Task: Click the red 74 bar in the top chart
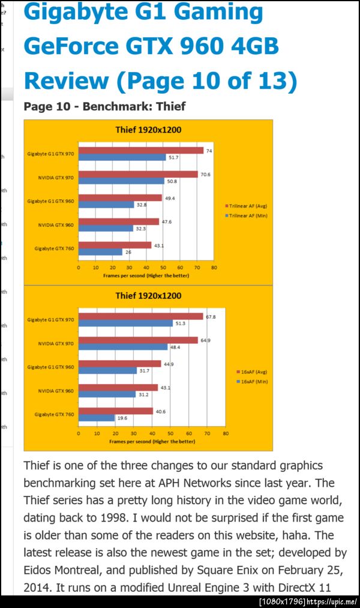[x=141, y=151]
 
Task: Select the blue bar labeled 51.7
[x=122, y=157]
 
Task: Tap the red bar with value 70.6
[x=138, y=174]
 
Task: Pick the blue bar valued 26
[x=100, y=252]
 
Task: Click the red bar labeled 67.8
[x=141, y=316]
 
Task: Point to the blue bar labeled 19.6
[x=97, y=418]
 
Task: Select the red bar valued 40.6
[x=116, y=411]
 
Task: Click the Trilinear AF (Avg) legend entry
[x=245, y=205]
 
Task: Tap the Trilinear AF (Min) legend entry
[x=245, y=215]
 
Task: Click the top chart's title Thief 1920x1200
[x=148, y=129]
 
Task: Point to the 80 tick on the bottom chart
[x=226, y=433]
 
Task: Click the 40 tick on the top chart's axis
[x=143, y=267]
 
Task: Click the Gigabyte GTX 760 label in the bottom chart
[x=54, y=414]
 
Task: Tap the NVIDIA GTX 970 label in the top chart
[x=56, y=177]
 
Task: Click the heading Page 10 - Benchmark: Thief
[x=104, y=107]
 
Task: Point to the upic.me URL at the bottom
[x=333, y=601]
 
